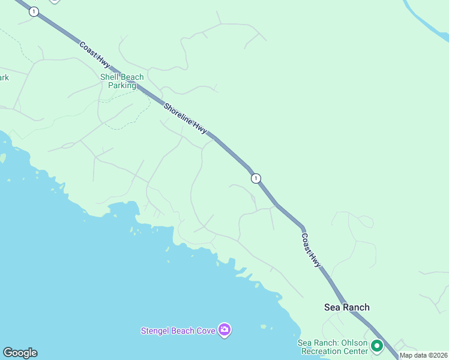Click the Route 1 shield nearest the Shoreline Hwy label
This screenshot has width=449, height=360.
point(256,178)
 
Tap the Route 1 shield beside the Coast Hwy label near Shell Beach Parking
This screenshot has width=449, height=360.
point(34,12)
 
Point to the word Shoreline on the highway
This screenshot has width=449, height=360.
point(179,114)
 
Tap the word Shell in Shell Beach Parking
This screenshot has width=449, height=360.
point(110,77)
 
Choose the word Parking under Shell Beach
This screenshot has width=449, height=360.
point(122,86)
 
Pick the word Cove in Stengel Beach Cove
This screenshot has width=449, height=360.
point(206,331)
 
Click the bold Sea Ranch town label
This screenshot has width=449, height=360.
point(346,307)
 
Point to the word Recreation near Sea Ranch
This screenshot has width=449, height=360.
point(321,351)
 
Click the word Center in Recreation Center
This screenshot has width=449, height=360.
point(355,351)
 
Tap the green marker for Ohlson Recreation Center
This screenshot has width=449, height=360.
point(377,346)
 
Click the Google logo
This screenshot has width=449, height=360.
point(20,353)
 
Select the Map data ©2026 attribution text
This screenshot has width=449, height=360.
point(424,356)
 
